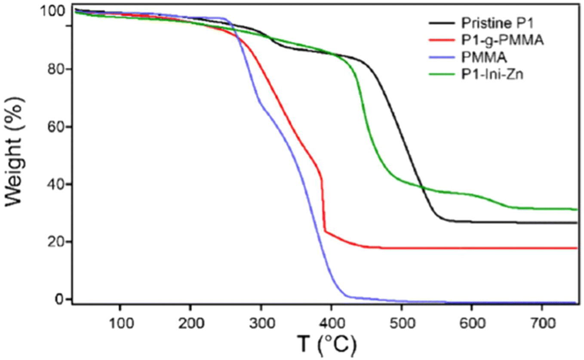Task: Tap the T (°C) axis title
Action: (327, 344)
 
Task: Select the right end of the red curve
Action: (576, 248)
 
